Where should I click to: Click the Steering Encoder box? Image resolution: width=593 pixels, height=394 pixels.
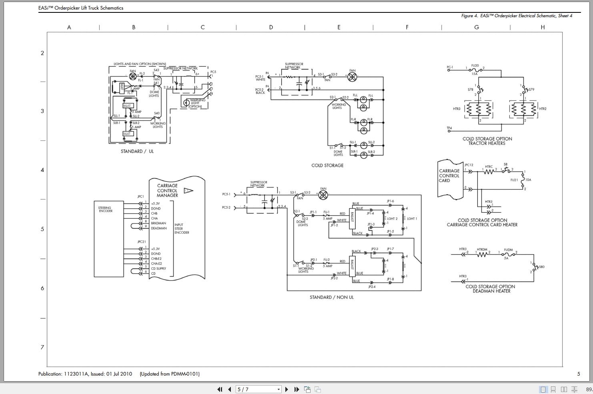[x=108, y=239]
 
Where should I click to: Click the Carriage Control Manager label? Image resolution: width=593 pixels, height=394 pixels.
[x=167, y=191]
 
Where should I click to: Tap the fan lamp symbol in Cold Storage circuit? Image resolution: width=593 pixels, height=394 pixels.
[x=352, y=77]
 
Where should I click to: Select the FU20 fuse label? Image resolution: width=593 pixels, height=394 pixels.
[x=475, y=65]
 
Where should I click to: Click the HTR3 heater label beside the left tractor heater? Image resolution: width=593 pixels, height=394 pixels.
[x=457, y=109]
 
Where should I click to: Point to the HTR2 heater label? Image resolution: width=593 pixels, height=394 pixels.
[x=543, y=109]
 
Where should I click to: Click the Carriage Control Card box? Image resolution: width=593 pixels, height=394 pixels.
[x=449, y=176]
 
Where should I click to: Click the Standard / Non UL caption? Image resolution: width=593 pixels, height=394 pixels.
[x=332, y=297]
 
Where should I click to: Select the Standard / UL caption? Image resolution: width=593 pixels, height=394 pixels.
[x=137, y=151]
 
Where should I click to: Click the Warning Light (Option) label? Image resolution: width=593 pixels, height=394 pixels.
[x=197, y=103]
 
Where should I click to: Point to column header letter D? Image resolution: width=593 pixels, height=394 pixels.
[x=271, y=27]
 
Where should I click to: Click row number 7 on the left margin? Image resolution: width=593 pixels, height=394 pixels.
[x=42, y=347]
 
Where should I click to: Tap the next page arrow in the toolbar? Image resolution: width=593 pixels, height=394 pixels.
[x=286, y=389]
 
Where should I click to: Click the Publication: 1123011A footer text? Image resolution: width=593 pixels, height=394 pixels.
[x=85, y=374]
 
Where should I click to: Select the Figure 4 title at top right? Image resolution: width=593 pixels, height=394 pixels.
[x=517, y=16]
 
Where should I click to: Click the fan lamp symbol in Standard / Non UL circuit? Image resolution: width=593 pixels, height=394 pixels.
[x=323, y=195]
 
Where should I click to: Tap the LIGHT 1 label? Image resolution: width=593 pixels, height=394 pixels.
[x=412, y=219]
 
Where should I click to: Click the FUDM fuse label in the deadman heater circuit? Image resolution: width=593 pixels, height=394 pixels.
[x=508, y=249]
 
